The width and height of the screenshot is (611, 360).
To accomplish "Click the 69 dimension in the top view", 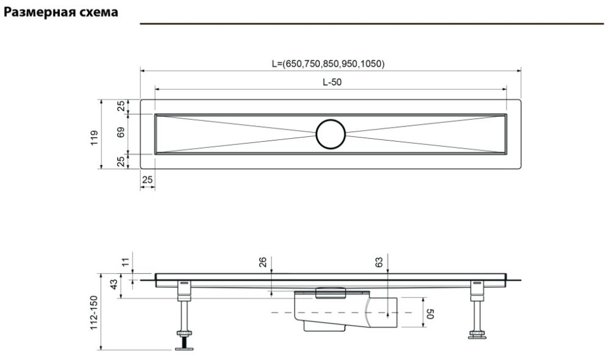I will tap(121, 133).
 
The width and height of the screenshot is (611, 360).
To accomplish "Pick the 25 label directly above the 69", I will tap(121, 106).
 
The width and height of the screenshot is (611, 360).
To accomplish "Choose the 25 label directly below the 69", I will tap(121, 161).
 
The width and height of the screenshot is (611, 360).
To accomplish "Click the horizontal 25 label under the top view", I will tap(147, 180).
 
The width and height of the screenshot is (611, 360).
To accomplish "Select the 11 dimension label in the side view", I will tap(125, 263).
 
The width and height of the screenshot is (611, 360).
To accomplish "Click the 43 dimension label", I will tap(113, 285).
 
